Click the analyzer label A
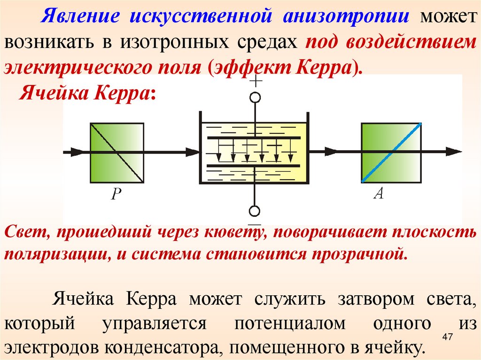tap(379, 193)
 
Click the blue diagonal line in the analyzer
tap(404, 141)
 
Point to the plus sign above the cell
tap(255, 83)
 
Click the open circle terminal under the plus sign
tap(255, 98)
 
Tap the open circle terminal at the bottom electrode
tap(254, 211)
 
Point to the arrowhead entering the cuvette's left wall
tap(193, 152)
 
